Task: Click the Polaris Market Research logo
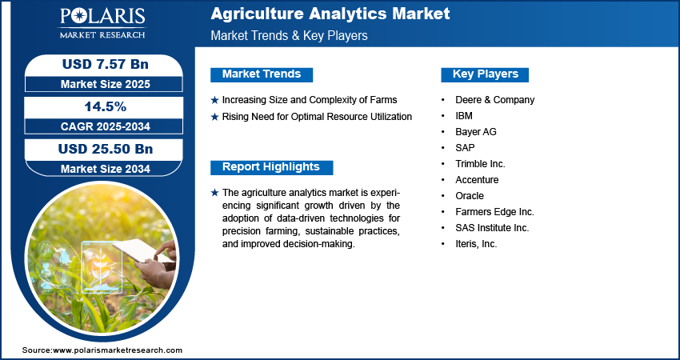tap(102, 22)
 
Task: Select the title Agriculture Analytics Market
tap(330, 14)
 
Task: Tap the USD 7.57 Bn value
tap(106, 64)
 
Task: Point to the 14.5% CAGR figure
tap(105, 106)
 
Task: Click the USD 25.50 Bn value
tap(106, 149)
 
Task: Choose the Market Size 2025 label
tap(106, 84)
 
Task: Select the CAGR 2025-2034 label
tap(106, 126)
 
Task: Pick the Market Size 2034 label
tap(106, 169)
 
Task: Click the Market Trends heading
tap(262, 74)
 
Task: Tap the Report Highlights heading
tap(271, 167)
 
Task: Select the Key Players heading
tap(486, 74)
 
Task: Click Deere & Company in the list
tap(495, 100)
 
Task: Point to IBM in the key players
tap(464, 116)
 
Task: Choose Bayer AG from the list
tap(476, 132)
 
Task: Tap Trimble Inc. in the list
tap(481, 164)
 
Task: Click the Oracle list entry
tap(470, 196)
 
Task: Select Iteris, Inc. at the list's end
tap(476, 244)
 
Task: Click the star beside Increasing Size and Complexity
tap(214, 100)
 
